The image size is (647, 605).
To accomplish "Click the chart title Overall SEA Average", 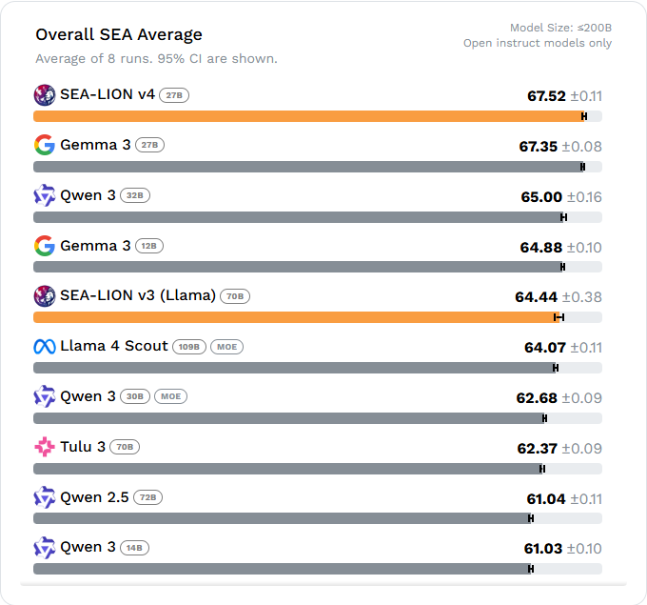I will pyautogui.click(x=119, y=35).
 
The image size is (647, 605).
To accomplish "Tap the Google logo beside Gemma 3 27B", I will pyautogui.click(x=44, y=145).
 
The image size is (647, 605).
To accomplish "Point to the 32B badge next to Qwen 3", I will pyautogui.click(x=135, y=195).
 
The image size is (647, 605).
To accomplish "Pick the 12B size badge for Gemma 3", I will pyautogui.click(x=149, y=246).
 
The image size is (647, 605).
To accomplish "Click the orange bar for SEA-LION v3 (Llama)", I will pyautogui.click(x=295, y=317).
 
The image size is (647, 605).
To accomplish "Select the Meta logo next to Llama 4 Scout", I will pyautogui.click(x=44, y=346).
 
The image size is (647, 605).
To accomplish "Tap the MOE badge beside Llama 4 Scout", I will pyautogui.click(x=226, y=347).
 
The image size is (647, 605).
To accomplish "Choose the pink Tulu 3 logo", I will pyautogui.click(x=44, y=447).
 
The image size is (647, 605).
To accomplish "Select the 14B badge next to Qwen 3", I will pyautogui.click(x=134, y=548).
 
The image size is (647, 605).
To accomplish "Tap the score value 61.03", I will pyautogui.click(x=543, y=549).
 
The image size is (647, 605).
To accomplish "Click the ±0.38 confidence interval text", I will pyautogui.click(x=581, y=297).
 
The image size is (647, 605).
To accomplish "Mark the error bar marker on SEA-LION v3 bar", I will pyautogui.click(x=559, y=317).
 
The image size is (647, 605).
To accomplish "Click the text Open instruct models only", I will pyautogui.click(x=538, y=43).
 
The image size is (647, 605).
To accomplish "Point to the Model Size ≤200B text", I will pyautogui.click(x=560, y=28).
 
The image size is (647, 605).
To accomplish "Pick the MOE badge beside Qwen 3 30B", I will pyautogui.click(x=170, y=396).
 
